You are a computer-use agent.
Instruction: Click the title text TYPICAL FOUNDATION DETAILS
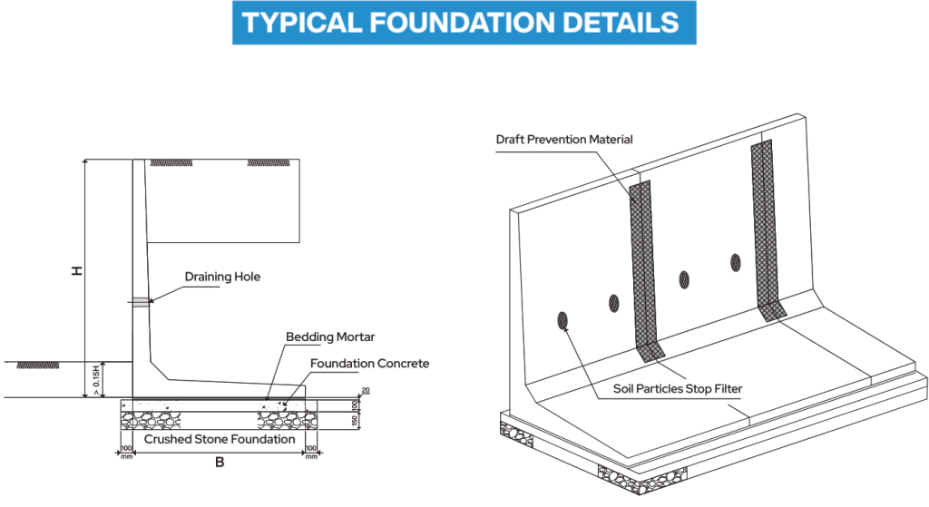463,23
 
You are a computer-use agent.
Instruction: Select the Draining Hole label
222,277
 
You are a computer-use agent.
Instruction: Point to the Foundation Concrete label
369,364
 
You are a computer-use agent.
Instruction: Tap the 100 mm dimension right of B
311,451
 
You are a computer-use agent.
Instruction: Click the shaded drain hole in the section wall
141,302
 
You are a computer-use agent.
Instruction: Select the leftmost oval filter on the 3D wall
562,319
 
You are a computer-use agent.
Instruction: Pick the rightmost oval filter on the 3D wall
736,263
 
